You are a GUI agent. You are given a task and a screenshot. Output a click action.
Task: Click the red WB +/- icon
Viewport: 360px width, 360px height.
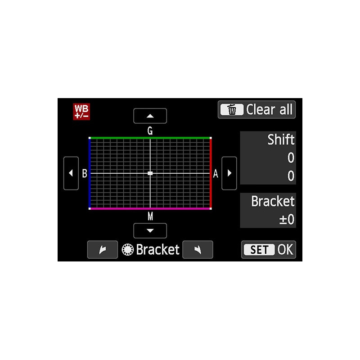[81, 112]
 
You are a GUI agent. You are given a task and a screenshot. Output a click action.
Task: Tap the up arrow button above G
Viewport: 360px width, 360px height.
[150, 116]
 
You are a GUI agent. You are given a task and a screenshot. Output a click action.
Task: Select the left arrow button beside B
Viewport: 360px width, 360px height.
[71, 173]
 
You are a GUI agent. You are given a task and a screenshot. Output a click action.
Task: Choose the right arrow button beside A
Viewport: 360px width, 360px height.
[229, 173]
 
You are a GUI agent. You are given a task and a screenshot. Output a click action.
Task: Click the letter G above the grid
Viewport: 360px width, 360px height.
[150, 131]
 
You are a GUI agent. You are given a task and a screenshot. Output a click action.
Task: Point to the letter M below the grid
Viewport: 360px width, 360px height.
[150, 216]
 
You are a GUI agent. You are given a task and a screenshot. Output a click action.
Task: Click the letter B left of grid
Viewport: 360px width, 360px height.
[85, 174]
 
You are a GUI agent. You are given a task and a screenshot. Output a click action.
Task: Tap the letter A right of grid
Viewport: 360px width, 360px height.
[216, 174]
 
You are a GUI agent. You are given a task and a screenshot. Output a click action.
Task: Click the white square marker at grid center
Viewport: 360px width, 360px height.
[150, 173]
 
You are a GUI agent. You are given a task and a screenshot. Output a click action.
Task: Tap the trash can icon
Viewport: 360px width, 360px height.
[232, 109]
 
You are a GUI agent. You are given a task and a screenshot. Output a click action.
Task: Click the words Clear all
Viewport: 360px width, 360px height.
[269, 109]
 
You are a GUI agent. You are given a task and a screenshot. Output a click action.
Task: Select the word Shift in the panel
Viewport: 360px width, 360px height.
[281, 139]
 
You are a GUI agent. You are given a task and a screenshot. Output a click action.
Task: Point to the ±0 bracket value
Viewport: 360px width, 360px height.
[287, 219]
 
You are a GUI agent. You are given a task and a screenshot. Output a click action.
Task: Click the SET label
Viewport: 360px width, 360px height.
[259, 250]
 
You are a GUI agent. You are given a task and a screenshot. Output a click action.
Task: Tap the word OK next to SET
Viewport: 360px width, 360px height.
[285, 250]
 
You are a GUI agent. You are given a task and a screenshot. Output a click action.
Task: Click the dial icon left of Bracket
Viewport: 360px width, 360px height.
[128, 250]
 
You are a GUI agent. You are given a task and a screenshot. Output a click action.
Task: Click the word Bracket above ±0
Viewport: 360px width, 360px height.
[273, 201]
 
